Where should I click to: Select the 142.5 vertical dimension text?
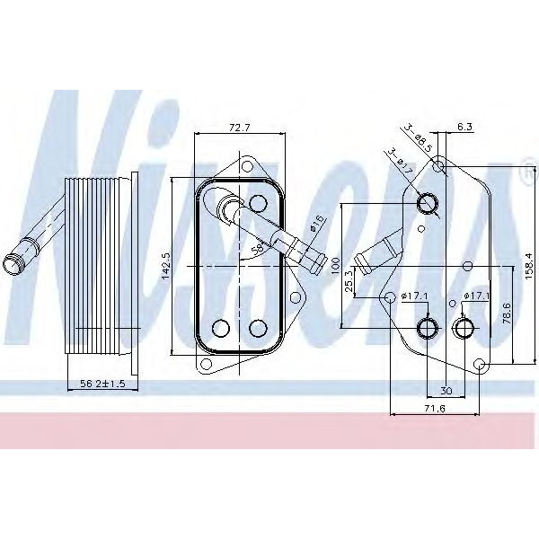pos(166,265)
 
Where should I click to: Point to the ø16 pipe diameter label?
pos(318,225)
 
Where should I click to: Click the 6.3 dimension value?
pos(464,128)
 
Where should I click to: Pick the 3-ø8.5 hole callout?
pos(419,137)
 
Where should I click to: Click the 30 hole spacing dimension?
pos(446,391)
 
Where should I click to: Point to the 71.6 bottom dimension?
pos(435,410)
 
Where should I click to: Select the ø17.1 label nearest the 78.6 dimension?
pos(476,296)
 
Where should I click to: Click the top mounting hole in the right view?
pos(438,166)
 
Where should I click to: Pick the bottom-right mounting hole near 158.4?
pos(480,364)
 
